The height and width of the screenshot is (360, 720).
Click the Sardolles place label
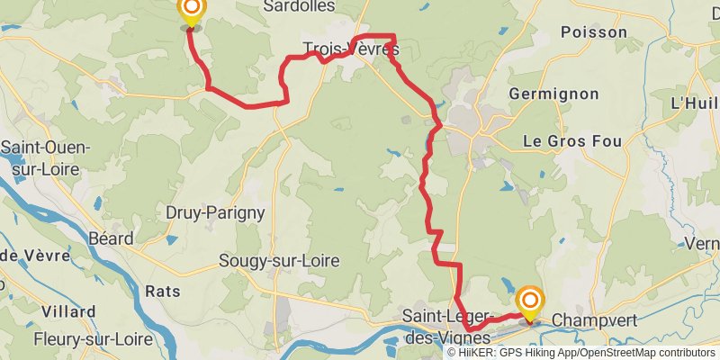tap(299, 6)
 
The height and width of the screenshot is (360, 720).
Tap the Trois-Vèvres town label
tap(351, 49)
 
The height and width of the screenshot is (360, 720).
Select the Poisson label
tap(593, 31)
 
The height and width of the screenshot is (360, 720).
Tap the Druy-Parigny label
tap(215, 212)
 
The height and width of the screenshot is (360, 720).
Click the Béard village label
tap(111, 238)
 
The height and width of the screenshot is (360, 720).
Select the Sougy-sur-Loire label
tap(279, 261)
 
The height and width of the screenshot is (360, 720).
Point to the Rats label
tap(162, 291)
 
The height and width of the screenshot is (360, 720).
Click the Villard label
tap(68, 312)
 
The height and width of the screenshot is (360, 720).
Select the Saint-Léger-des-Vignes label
tap(447, 327)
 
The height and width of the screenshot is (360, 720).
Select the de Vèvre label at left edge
tap(34, 256)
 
